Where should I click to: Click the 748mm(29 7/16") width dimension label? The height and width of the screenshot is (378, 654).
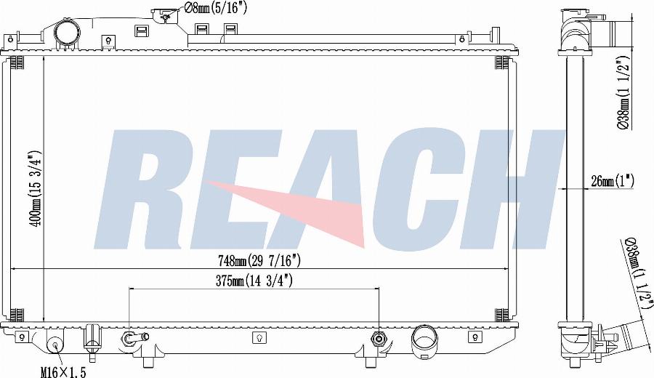pyautogui.click(x=259, y=261)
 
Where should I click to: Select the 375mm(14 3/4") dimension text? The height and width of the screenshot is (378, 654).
pyautogui.click(x=254, y=281)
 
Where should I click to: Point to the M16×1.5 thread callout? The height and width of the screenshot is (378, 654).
pyautogui.click(x=64, y=372)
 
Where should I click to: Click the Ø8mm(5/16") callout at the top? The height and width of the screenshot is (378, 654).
pyautogui.click(x=215, y=8)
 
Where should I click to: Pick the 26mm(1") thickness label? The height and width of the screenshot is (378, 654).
pyautogui.click(x=613, y=182)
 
